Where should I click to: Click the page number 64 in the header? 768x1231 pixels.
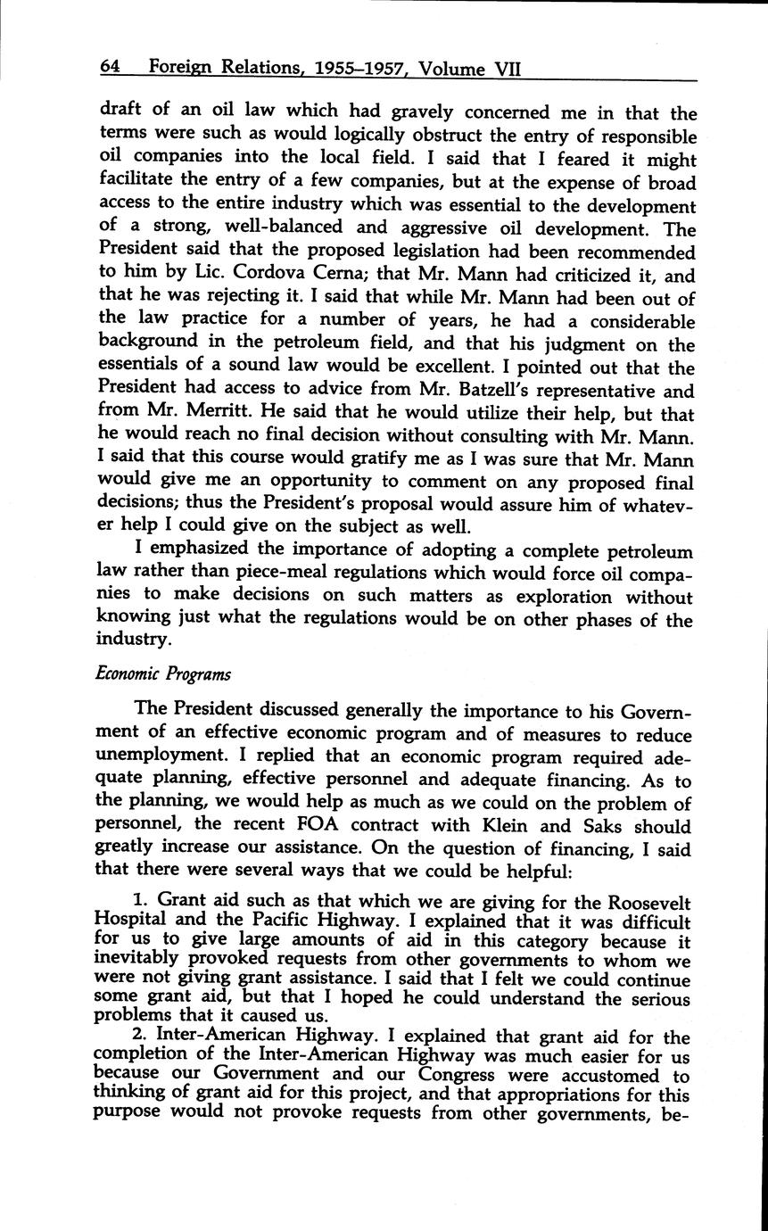(109, 67)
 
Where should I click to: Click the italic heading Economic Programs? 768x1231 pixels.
(162, 673)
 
